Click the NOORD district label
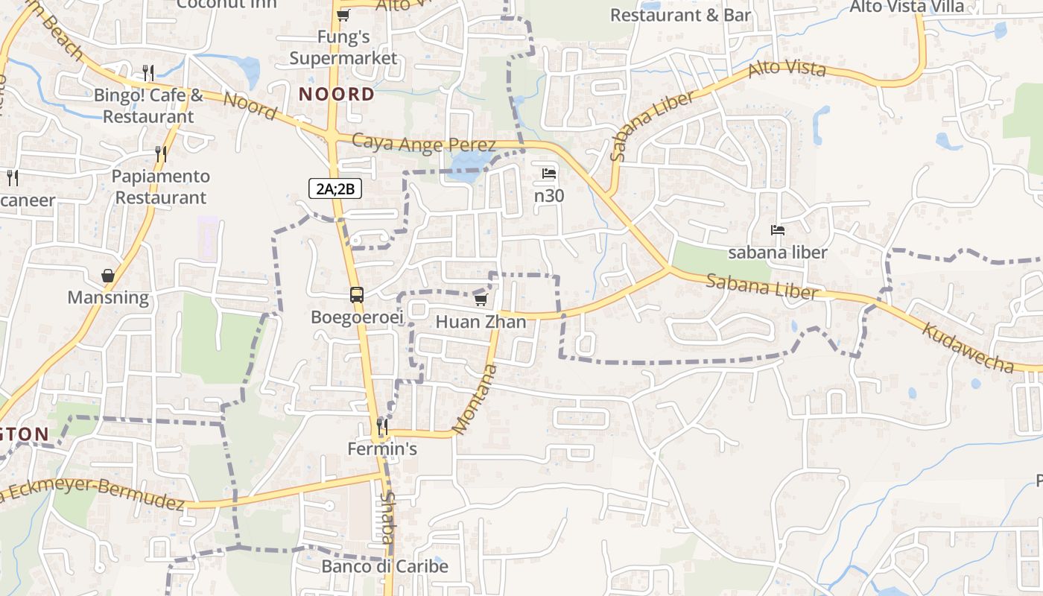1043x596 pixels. [x=337, y=95]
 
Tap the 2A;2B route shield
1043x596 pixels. [x=335, y=188]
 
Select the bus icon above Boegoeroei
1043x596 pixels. [x=357, y=295]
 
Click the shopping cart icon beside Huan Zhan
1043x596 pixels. [x=481, y=299]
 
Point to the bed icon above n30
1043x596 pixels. [x=549, y=174]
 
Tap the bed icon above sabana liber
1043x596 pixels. [x=778, y=230]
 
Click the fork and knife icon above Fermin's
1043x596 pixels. [x=382, y=427]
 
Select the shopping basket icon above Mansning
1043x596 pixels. [x=108, y=276]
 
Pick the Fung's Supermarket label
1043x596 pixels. [x=343, y=48]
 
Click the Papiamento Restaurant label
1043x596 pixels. [x=162, y=187]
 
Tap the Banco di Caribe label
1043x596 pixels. [x=384, y=567]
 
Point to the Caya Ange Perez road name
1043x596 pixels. [x=423, y=144]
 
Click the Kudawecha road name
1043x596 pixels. [x=968, y=347]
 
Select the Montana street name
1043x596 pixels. [x=475, y=399]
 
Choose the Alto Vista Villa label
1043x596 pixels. [x=907, y=7]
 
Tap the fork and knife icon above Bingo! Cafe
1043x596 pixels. [x=149, y=72]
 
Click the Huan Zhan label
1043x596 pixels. [x=481, y=322]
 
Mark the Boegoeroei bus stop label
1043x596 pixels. [x=357, y=317]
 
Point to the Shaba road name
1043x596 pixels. [x=388, y=518]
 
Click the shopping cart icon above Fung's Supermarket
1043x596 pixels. [x=343, y=15]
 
